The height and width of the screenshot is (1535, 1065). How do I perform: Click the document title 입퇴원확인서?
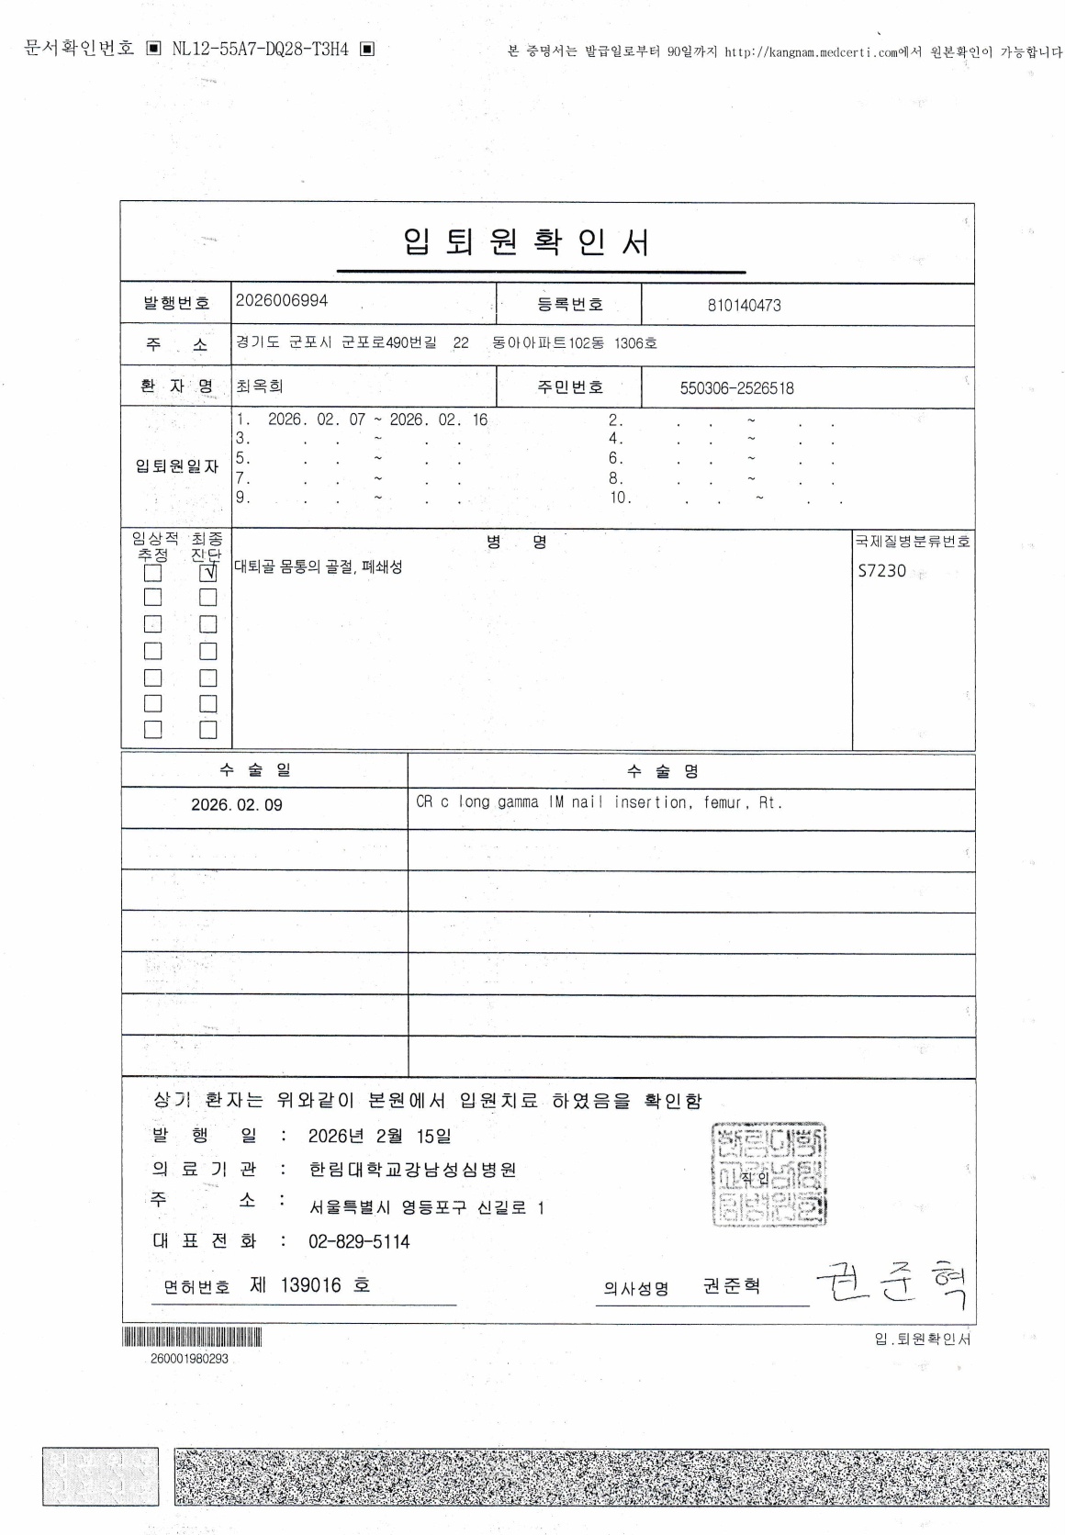(527, 242)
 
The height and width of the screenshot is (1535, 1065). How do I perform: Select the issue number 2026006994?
(282, 301)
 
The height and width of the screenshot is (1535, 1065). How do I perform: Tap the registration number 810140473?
(744, 306)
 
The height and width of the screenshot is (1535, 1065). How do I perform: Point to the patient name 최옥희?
(260, 387)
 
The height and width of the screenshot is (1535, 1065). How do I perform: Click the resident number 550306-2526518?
(736, 388)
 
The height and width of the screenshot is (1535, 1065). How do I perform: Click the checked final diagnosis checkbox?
(208, 572)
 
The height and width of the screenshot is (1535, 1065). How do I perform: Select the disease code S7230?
(881, 571)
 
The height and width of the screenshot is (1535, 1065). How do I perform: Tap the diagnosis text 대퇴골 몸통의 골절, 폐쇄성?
(319, 567)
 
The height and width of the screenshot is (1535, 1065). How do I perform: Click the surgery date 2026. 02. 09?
(237, 805)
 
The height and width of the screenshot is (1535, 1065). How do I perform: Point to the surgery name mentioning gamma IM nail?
(599, 802)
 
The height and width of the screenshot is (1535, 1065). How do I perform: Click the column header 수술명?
(663, 771)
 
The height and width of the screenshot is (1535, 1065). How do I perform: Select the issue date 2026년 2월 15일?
(379, 1137)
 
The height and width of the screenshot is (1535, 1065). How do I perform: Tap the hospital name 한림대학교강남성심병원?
(412, 1170)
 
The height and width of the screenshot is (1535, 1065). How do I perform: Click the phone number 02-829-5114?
(359, 1242)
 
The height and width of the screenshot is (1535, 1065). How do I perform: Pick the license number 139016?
(310, 1285)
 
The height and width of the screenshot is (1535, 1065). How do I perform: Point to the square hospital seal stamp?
(768, 1174)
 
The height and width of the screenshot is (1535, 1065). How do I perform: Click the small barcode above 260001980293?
(192, 1337)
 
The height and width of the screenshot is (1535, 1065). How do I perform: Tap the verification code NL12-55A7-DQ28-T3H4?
(261, 50)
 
